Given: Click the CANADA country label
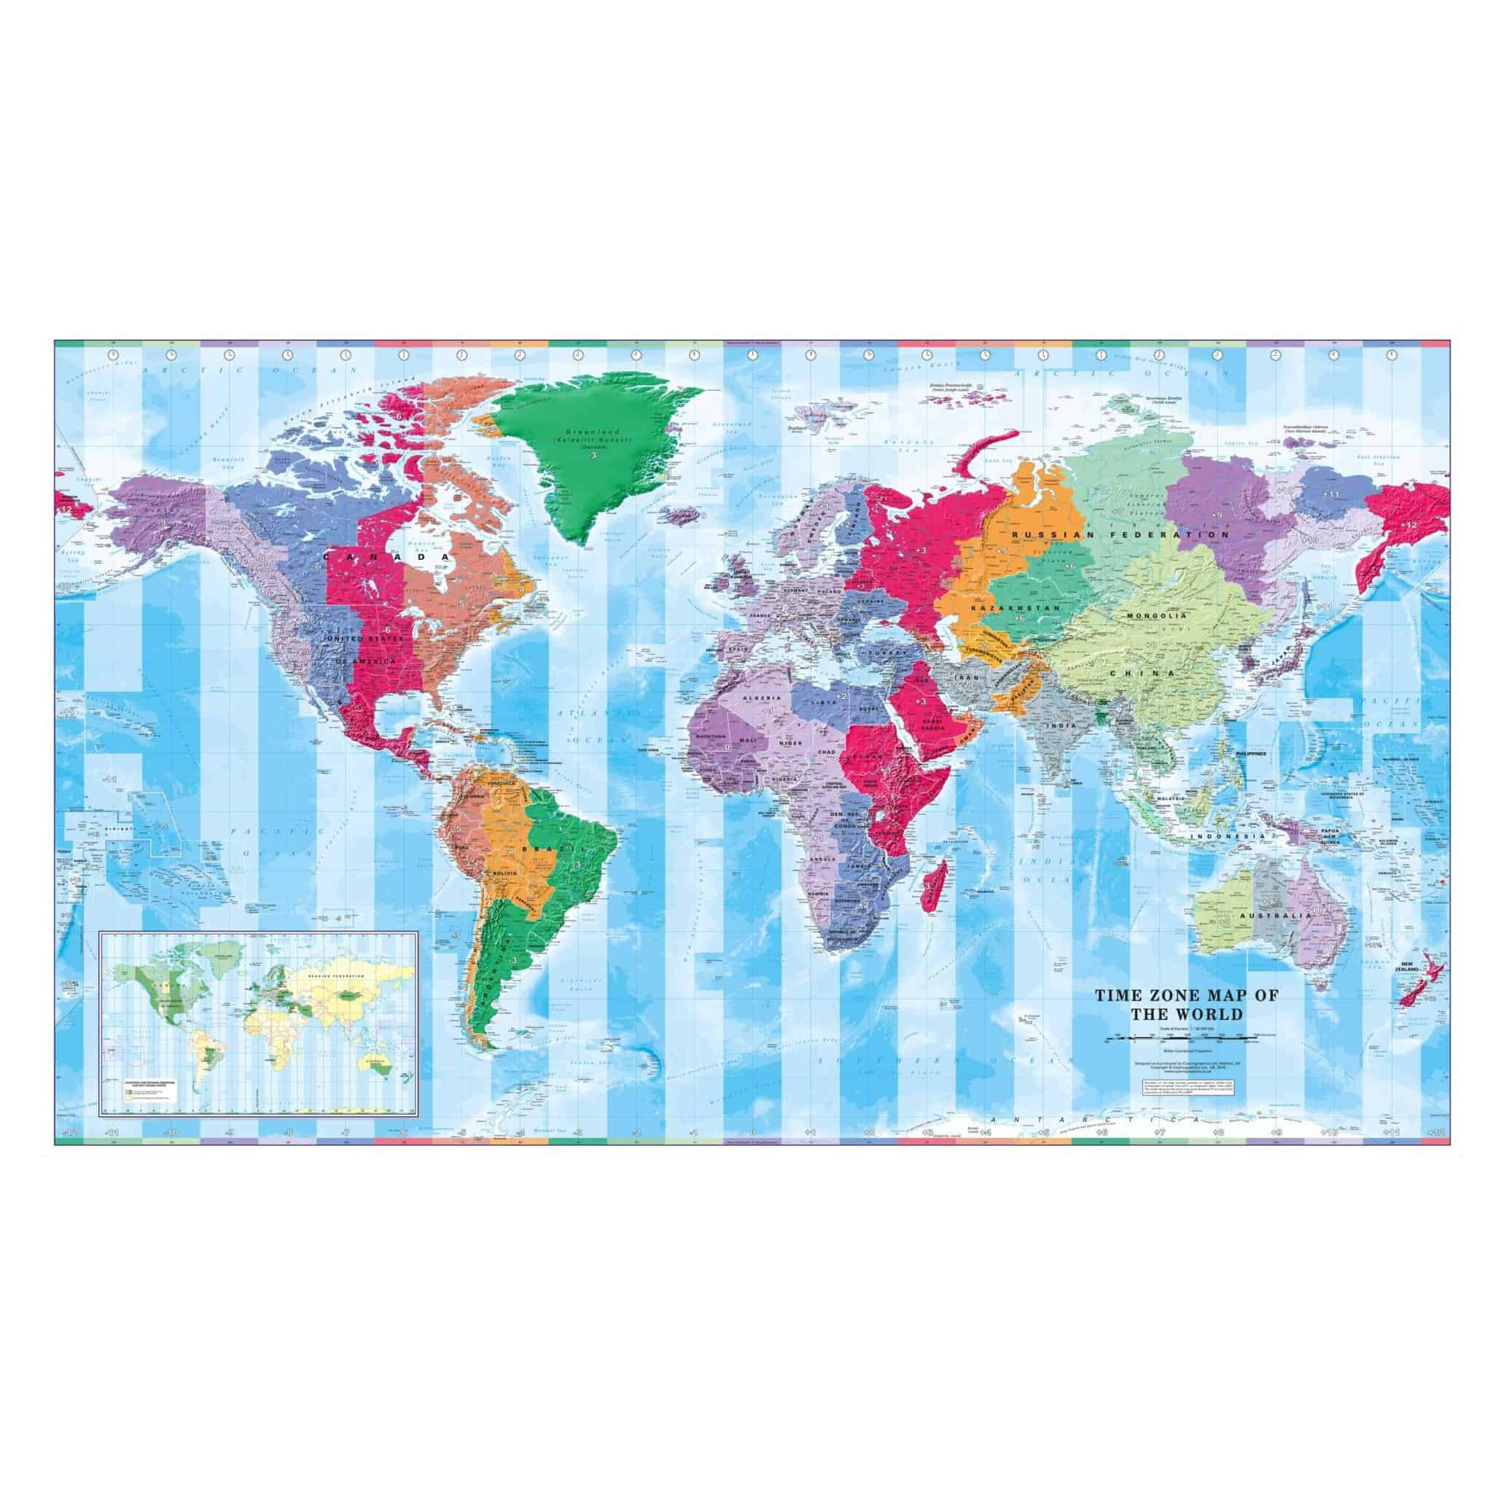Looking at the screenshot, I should tap(386, 556).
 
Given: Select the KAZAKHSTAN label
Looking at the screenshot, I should tap(1002, 609).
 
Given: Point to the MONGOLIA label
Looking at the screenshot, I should tap(1156, 616).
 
